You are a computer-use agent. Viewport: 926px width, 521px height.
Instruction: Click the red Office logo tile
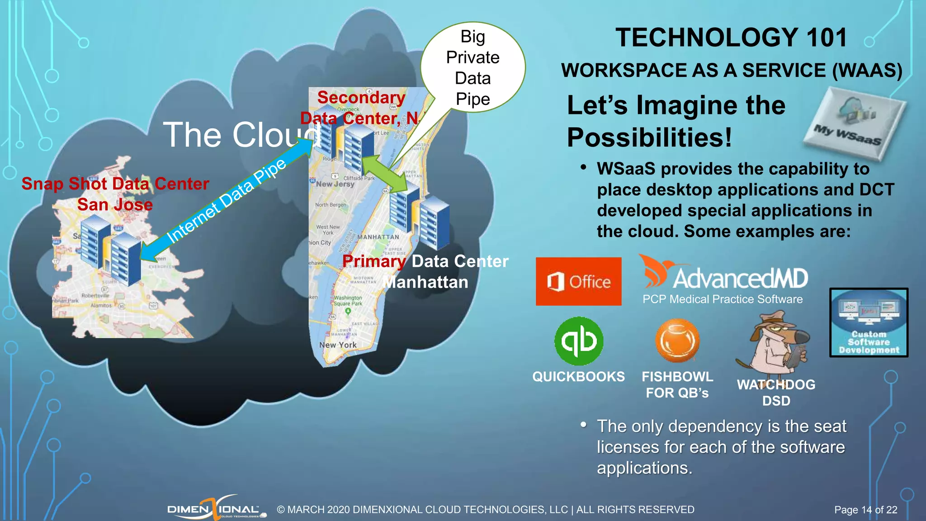point(578,281)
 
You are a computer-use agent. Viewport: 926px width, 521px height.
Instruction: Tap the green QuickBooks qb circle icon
point(579,341)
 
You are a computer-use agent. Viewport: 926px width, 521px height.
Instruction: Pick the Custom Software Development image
point(869,322)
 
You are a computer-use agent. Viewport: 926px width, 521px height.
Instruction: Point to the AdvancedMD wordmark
point(740,278)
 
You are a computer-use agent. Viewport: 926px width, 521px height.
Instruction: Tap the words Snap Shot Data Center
point(115,184)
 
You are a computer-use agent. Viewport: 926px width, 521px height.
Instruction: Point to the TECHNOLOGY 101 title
point(731,38)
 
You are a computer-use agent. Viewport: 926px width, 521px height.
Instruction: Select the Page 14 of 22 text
point(865,510)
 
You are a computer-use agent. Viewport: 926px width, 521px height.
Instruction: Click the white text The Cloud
point(240,135)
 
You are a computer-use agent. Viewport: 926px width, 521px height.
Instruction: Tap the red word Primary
point(374,261)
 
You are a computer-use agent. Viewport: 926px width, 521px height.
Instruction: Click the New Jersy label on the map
point(335,184)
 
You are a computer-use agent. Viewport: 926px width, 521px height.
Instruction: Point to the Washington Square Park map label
point(348,301)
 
